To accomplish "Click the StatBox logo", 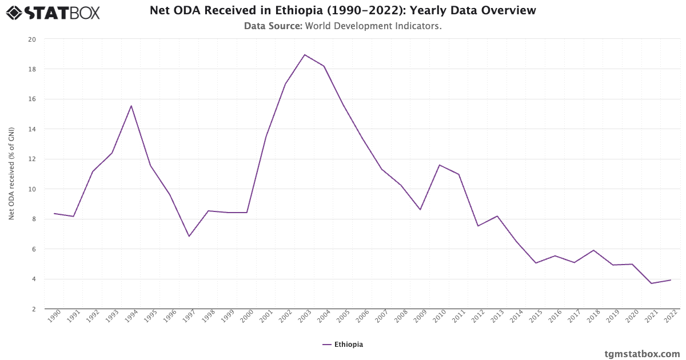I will point(53,12).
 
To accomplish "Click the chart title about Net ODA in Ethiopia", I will point(343,10).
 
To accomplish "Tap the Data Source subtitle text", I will point(343,26).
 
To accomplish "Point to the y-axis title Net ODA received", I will point(11,174).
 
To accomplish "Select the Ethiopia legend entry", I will point(343,345).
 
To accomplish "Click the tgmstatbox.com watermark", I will point(642,354).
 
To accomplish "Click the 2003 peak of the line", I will point(305,55).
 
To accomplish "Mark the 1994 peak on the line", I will point(131,106).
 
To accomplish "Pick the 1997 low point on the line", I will point(189,237).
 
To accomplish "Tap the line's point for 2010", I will point(440,165).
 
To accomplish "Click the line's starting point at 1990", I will point(54,213).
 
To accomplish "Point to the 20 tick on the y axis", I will point(32,39).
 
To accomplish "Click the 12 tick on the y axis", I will point(32,159).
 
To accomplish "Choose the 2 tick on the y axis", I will point(34,309).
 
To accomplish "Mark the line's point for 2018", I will point(593,250).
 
